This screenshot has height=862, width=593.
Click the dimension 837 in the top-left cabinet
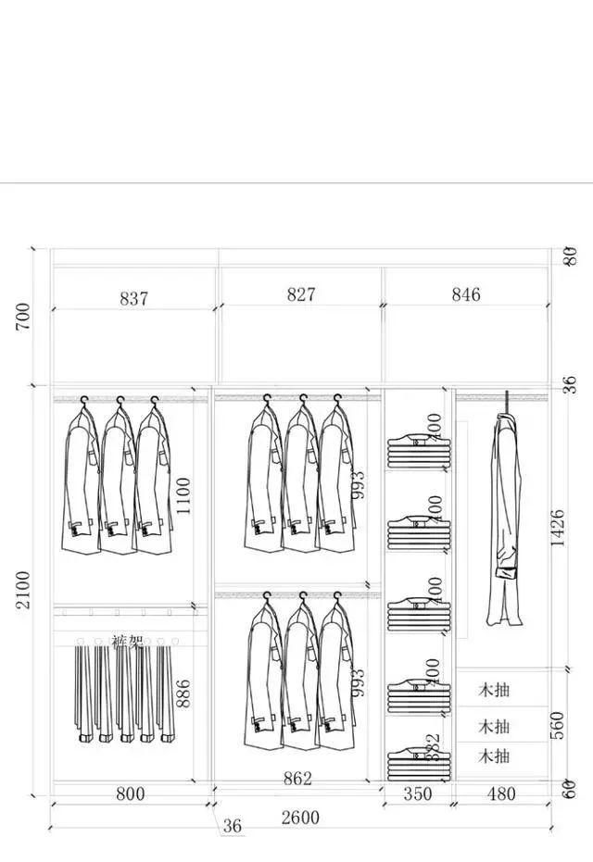[133, 298]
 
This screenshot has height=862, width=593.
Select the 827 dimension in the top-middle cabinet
[300, 294]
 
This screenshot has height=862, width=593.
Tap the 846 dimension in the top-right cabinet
[466, 294]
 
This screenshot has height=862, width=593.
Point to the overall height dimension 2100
[22, 589]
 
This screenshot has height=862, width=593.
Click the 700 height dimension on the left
[22, 316]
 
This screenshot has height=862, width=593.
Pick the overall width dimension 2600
[300, 818]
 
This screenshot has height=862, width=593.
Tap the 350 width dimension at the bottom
[418, 793]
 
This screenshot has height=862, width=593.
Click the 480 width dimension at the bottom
[501, 793]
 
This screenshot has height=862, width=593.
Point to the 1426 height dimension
[557, 528]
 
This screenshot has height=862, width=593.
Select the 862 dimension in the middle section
[297, 779]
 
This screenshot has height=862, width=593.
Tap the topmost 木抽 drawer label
[494, 690]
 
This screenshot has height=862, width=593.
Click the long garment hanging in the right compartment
[505, 518]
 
